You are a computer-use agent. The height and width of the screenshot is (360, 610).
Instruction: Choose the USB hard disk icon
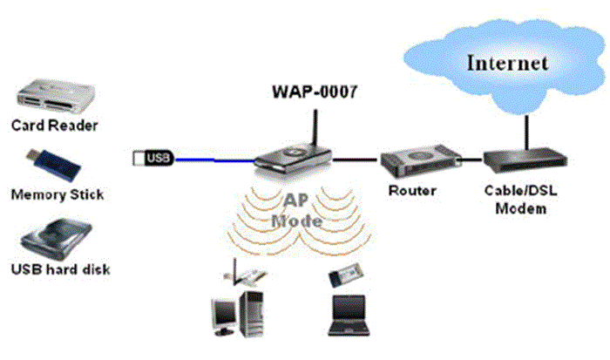[x=54, y=236]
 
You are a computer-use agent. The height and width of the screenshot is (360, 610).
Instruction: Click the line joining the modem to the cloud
[x=525, y=128]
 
